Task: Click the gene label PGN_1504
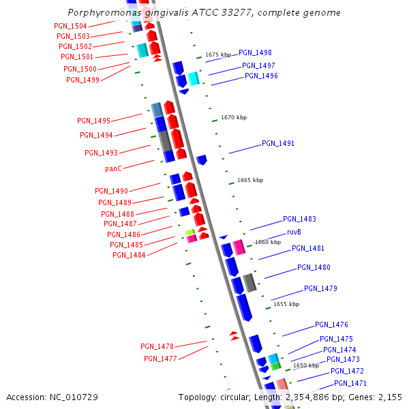(70, 26)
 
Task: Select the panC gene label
(114, 168)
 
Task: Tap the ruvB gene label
(294, 232)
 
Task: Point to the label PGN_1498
(255, 52)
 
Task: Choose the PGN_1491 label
(278, 144)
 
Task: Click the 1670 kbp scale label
(233, 118)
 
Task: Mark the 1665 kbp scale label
(249, 181)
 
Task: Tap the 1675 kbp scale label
(218, 55)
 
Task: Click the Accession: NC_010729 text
(52, 397)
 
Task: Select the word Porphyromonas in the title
(101, 13)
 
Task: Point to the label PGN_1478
(157, 346)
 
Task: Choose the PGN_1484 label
(129, 255)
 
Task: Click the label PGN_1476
(331, 324)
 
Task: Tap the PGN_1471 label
(350, 383)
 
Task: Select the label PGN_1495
(93, 121)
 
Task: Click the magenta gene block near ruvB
(239, 247)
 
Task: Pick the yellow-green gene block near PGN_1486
(190, 232)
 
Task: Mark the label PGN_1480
(314, 268)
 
